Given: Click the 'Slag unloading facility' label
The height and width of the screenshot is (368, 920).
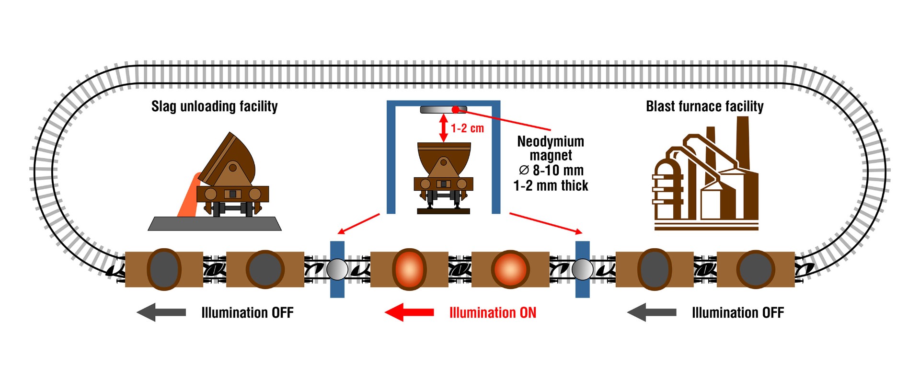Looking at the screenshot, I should pyautogui.click(x=214, y=106).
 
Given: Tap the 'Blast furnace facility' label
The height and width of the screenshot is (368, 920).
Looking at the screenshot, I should pyautogui.click(x=704, y=106).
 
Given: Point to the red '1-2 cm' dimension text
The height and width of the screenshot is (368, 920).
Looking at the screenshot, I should pyautogui.click(x=467, y=128).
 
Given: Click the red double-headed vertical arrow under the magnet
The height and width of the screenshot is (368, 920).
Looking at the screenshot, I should pyautogui.click(x=444, y=128).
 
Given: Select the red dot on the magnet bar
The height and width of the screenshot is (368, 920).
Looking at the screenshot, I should pyautogui.click(x=455, y=110).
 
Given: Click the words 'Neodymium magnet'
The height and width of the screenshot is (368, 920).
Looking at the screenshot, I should pyautogui.click(x=551, y=148).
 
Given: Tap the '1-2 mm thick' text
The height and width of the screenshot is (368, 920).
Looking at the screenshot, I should pyautogui.click(x=551, y=186).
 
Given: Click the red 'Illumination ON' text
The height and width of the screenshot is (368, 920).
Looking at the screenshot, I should pyautogui.click(x=493, y=313).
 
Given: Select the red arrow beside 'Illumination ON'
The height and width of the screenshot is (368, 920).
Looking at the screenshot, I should pyautogui.click(x=409, y=312).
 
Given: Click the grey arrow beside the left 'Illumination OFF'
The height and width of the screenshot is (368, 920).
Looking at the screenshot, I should pyautogui.click(x=161, y=312).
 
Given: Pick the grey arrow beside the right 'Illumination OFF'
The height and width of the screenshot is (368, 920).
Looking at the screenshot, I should pyautogui.click(x=652, y=312).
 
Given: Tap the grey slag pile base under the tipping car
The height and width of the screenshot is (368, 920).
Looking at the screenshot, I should pyautogui.click(x=215, y=224).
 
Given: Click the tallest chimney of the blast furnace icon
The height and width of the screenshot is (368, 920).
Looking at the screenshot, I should pyautogui.click(x=742, y=144).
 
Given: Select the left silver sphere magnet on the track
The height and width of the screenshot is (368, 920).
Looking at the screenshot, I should pyautogui.click(x=337, y=269).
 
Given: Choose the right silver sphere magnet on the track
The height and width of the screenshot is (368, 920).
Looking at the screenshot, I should pyautogui.click(x=583, y=269).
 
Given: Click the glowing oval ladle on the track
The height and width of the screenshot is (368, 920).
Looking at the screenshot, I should pyautogui.click(x=409, y=269).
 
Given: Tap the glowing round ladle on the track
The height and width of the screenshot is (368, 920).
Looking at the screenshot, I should pyautogui.click(x=510, y=269).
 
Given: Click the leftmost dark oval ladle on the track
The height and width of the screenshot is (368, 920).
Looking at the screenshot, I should pyautogui.click(x=164, y=269).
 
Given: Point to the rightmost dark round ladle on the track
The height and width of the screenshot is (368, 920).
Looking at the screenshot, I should pyautogui.click(x=756, y=269).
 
